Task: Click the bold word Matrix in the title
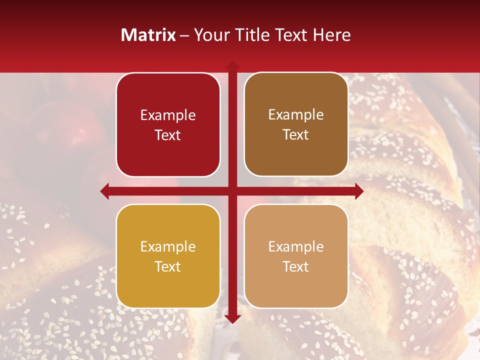coord(148,35)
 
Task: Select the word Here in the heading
coord(331,35)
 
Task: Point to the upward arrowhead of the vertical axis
coord(232,64)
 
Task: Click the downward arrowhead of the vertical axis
coord(232,319)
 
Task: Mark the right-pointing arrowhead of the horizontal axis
coord(359,191)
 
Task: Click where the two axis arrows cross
coord(232,191)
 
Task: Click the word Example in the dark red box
coord(168,115)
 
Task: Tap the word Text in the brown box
coord(296,135)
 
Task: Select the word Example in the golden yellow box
coord(168,247)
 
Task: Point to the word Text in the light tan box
coord(296,267)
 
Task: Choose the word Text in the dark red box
coord(168,135)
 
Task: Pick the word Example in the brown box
coord(296,115)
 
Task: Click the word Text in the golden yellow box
coord(168,267)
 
